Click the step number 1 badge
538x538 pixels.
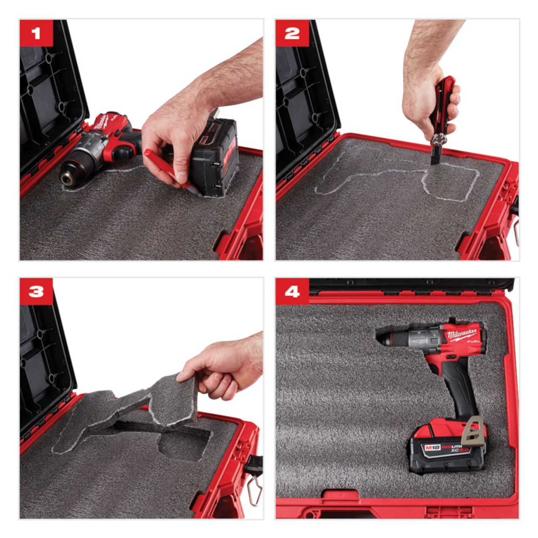(36, 33)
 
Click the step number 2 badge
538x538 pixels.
(292, 33)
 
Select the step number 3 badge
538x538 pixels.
(36, 291)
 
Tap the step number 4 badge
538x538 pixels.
(292, 291)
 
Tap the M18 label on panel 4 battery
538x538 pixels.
(432, 448)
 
